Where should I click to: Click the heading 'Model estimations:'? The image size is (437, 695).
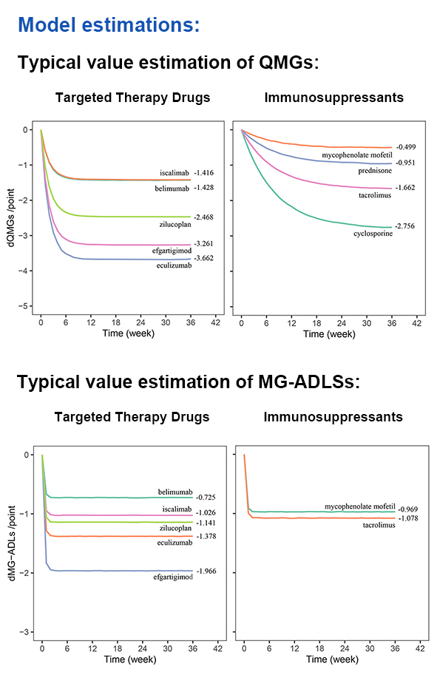[x=109, y=24]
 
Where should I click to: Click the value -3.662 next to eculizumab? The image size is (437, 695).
[x=203, y=258]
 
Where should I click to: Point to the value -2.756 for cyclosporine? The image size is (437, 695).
[x=405, y=226]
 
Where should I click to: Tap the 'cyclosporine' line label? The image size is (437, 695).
[x=373, y=234]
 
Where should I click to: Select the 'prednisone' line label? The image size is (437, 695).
[x=375, y=171]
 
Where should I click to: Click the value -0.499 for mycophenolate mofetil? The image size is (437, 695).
[x=406, y=147]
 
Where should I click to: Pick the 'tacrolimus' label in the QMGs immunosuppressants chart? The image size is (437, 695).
[x=375, y=195]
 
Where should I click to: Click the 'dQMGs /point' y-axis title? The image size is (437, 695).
[x=11, y=217]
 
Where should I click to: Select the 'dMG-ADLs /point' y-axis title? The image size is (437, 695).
[x=12, y=543]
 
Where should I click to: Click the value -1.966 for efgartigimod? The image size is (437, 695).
[x=206, y=571]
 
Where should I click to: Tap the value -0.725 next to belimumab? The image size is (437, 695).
[x=206, y=498]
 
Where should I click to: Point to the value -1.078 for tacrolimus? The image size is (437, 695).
[x=407, y=518]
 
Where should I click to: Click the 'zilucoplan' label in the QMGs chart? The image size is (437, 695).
[x=175, y=224]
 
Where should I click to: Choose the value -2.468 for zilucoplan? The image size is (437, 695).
[x=203, y=217]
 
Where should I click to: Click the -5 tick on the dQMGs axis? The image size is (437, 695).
[x=25, y=306]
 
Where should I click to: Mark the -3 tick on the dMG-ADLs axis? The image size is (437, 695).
[x=27, y=632]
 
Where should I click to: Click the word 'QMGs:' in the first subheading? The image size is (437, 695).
[x=289, y=62]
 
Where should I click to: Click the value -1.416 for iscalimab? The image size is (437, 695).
[x=203, y=173]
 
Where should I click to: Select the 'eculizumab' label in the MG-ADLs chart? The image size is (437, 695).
[x=175, y=543]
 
